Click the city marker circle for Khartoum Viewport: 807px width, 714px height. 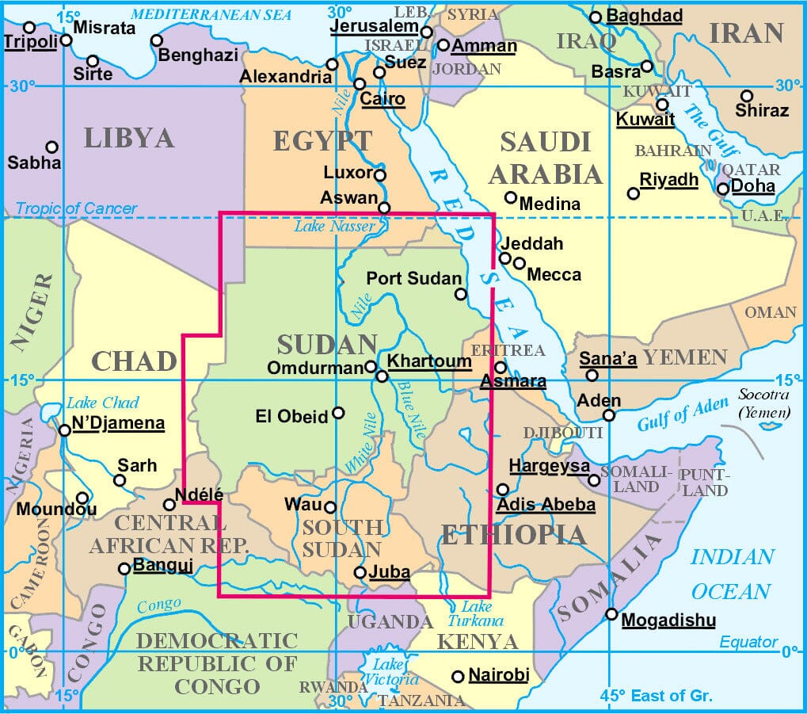tap(383, 376)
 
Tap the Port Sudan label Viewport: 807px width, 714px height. tap(413, 278)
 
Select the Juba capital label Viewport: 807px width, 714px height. tap(390, 571)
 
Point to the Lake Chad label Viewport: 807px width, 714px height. tap(103, 402)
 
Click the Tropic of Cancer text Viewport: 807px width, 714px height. tap(76, 208)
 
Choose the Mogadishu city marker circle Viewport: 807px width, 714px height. tap(611, 614)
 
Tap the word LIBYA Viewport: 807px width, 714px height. tap(128, 138)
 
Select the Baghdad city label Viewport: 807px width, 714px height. tap(644, 16)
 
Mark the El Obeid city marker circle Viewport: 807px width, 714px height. tap(339, 413)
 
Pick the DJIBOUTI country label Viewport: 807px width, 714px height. tap(564, 433)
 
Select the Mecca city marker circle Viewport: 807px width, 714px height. tap(519, 263)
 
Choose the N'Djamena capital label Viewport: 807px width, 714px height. tap(118, 423)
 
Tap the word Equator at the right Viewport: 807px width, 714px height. tap(748, 642)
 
